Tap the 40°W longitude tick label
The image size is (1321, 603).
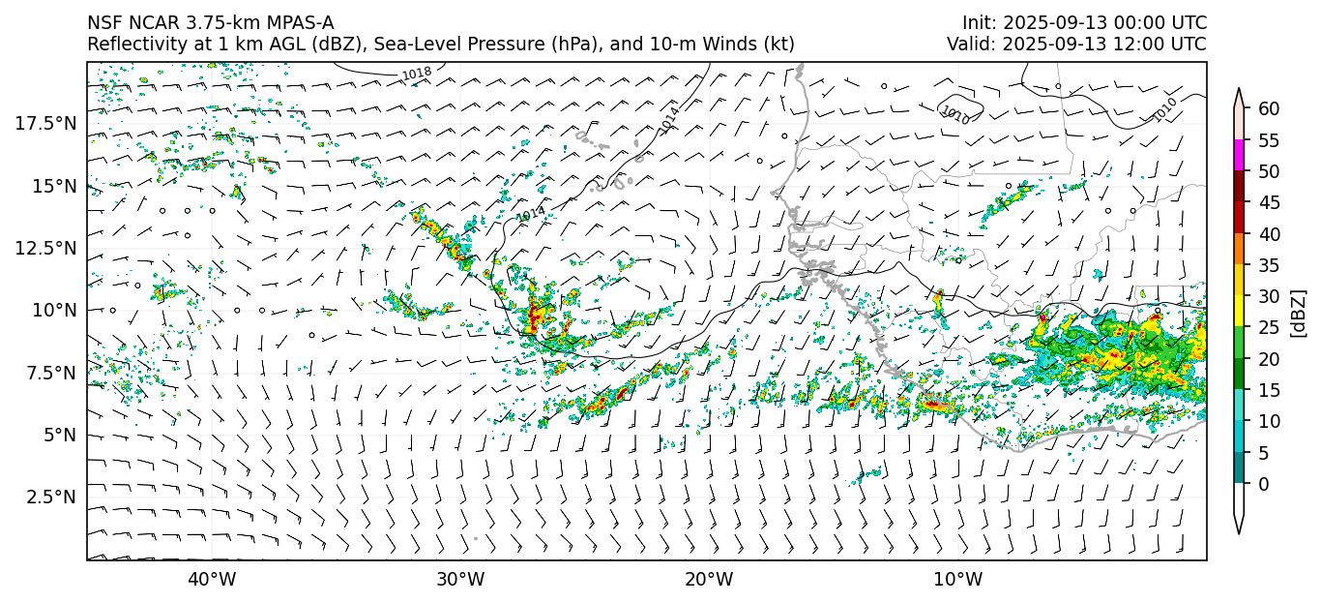pyautogui.click(x=211, y=579)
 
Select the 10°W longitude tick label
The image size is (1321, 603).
pyautogui.click(x=957, y=579)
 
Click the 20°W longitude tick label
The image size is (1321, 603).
pyautogui.click(x=709, y=579)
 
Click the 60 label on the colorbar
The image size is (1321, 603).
pyautogui.click(x=1269, y=108)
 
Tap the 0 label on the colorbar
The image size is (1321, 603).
pyautogui.click(x=1264, y=484)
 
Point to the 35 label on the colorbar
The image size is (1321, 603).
pyautogui.click(x=1269, y=265)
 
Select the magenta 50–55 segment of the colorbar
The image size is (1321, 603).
pyautogui.click(x=1239, y=155)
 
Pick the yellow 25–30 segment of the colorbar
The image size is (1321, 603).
pyautogui.click(x=1239, y=311)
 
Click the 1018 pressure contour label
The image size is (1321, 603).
pyautogui.click(x=417, y=74)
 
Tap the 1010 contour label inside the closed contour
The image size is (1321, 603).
pyautogui.click(x=955, y=114)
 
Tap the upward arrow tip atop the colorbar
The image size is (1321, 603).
pyautogui.click(x=1239, y=91)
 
